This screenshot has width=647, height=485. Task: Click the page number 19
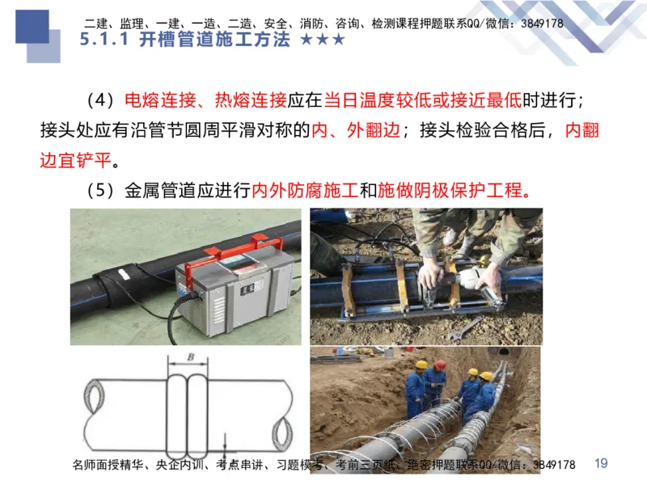coord(600,463)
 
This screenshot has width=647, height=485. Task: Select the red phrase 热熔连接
coord(251,101)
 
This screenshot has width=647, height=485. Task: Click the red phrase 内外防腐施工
coord(304,191)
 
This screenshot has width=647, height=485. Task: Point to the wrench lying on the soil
coord(464,327)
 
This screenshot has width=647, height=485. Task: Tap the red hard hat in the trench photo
coord(440,365)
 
